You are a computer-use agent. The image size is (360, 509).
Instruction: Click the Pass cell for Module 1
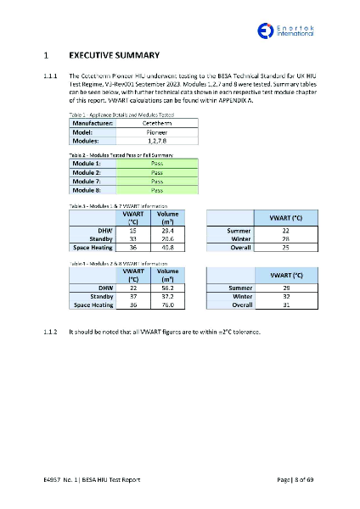click(156, 162)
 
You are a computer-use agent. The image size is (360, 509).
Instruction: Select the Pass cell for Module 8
click(156, 191)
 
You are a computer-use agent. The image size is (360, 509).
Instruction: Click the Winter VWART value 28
click(286, 239)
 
